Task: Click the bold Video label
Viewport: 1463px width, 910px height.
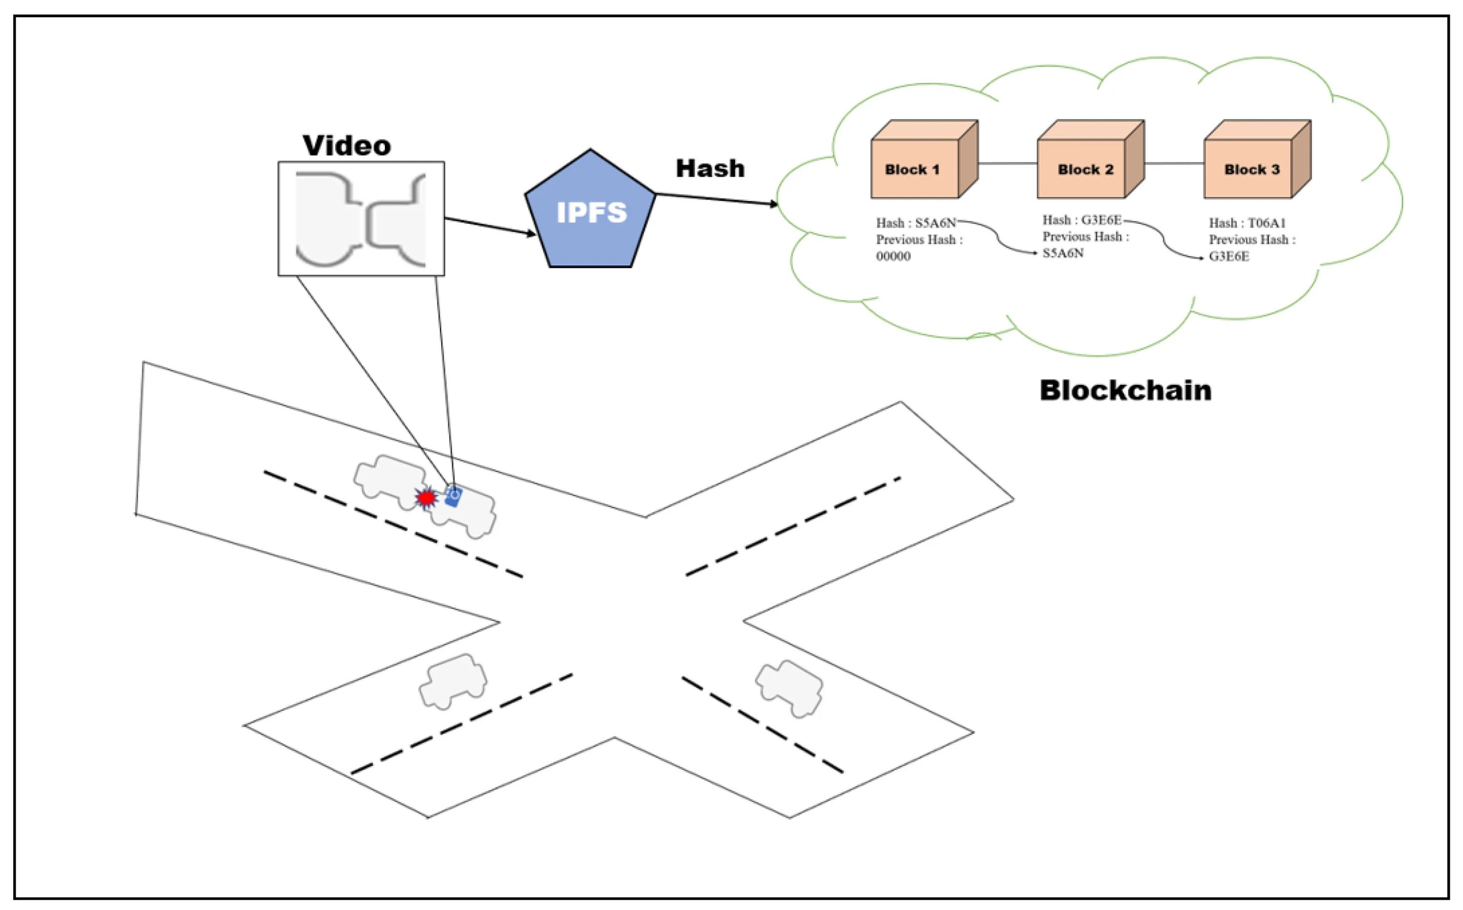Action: (x=347, y=146)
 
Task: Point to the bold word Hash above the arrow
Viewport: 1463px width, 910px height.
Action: (x=710, y=169)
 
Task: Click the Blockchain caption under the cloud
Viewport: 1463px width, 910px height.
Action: (x=1126, y=390)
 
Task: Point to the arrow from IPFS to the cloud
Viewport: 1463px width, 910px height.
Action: (x=716, y=199)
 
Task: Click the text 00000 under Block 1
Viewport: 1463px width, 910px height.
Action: (x=893, y=257)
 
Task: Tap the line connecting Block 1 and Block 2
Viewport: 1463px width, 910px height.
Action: (x=1008, y=163)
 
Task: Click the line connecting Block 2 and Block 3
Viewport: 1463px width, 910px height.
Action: (x=1173, y=163)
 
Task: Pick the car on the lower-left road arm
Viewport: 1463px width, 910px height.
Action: (x=453, y=681)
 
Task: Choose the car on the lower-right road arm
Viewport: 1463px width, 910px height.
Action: (x=789, y=688)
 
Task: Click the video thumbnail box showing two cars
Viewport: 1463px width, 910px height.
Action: (x=361, y=218)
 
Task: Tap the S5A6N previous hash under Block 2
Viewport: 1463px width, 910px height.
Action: (x=1063, y=254)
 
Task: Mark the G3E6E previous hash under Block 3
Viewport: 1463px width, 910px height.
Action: (x=1229, y=257)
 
